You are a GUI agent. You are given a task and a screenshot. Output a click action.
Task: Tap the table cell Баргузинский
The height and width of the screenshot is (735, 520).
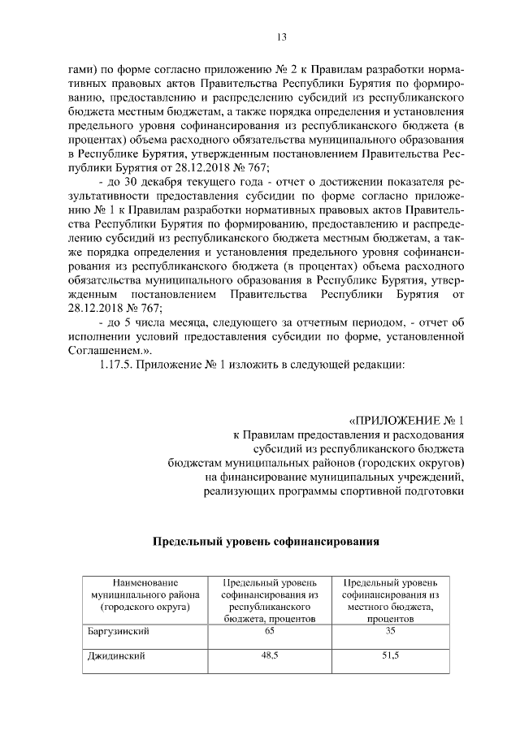118,630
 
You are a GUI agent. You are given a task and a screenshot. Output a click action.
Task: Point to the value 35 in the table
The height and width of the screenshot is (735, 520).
390,630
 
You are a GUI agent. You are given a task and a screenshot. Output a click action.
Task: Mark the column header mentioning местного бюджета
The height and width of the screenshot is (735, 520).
390,600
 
